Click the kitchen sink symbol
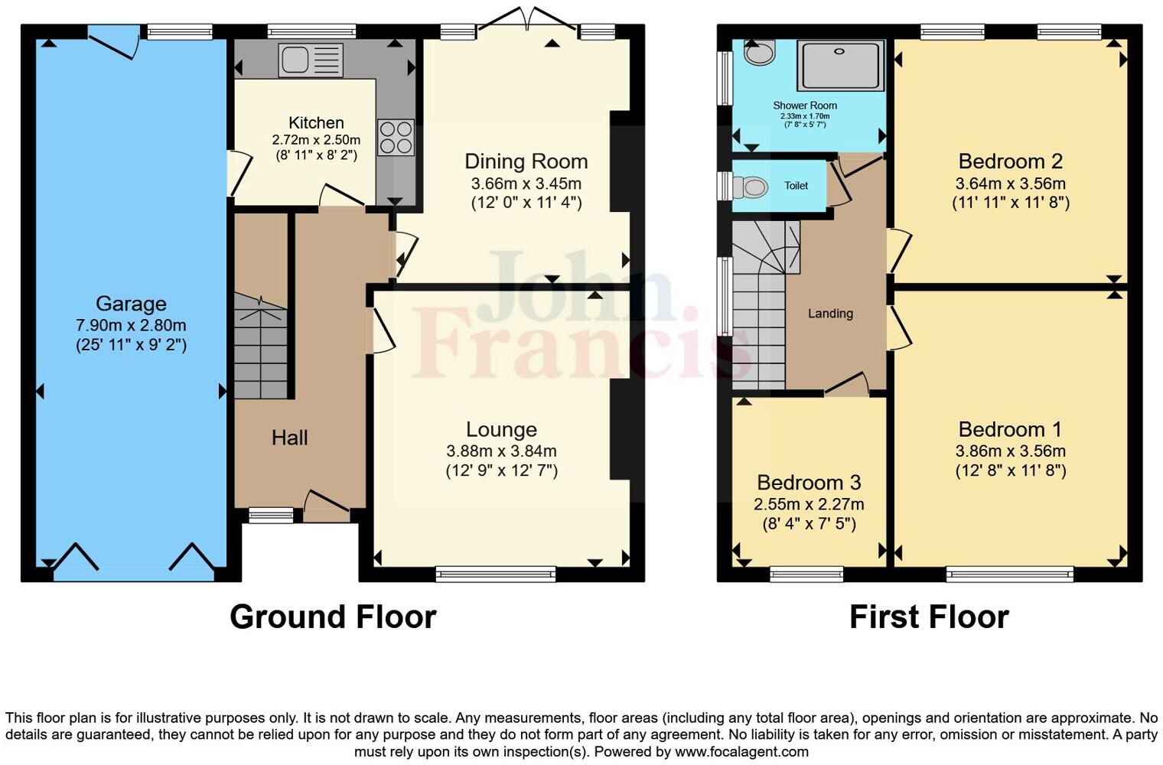click(311, 60)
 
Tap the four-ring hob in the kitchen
click(396, 138)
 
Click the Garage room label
click(131, 304)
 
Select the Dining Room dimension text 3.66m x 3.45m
click(526, 184)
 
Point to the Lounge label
click(501, 429)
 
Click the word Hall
click(289, 438)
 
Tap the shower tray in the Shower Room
click(839, 66)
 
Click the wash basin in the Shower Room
click(759, 53)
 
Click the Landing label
click(830, 313)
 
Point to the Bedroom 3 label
click(809, 483)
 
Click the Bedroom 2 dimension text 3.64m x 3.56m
click(1010, 184)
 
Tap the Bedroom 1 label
click(1010, 429)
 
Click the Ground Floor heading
click(333, 617)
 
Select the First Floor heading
click(929, 617)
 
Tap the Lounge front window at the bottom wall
click(496, 574)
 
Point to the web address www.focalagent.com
click(741, 751)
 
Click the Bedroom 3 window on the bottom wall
click(806, 574)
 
